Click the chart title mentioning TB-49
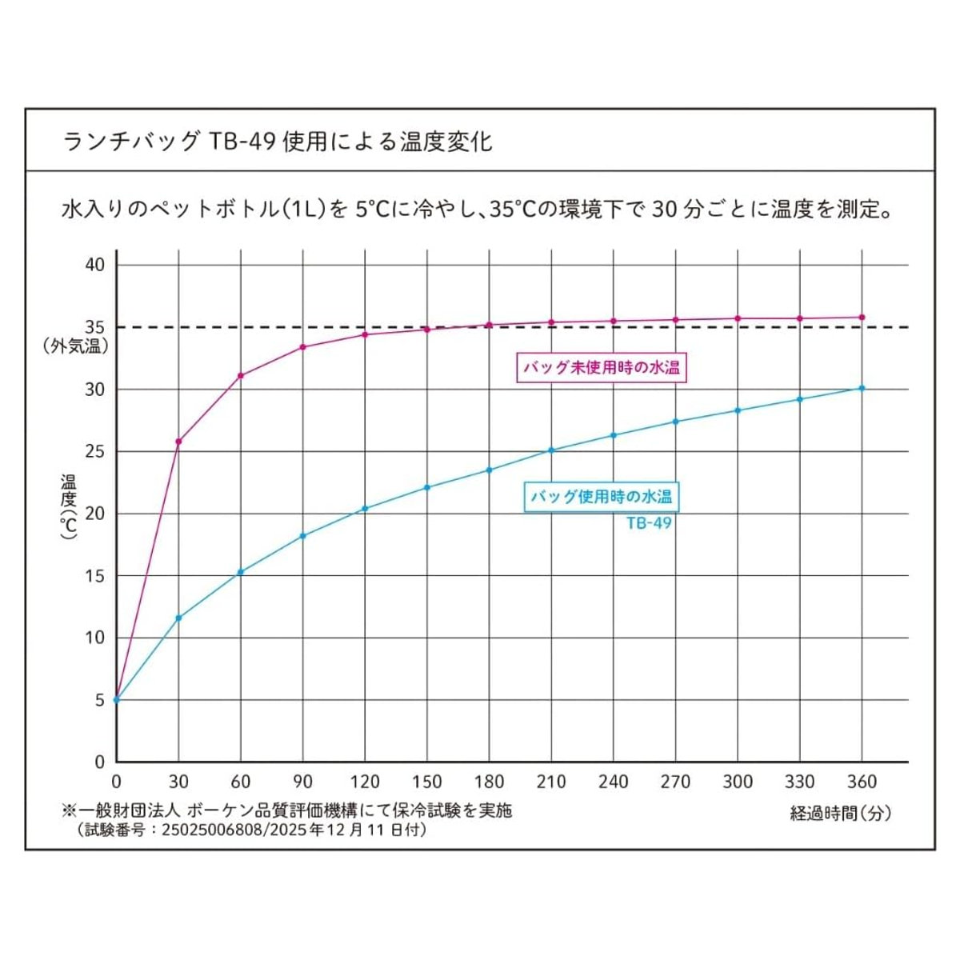point(277,142)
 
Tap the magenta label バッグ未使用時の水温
point(602,368)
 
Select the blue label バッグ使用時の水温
point(602,497)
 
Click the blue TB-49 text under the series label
point(649,523)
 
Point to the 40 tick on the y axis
point(95,265)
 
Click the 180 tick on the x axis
point(489,782)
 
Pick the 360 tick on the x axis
point(861,782)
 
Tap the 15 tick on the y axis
point(95,576)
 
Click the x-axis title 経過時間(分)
point(840,814)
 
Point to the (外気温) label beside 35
point(76,347)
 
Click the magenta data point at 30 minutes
point(178,442)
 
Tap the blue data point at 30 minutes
point(178,618)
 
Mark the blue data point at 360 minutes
point(862,388)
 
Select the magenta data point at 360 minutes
point(862,318)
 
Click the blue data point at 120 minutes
point(365,509)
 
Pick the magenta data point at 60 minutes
point(240,375)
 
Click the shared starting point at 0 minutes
point(117,700)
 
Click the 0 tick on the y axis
point(100,762)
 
